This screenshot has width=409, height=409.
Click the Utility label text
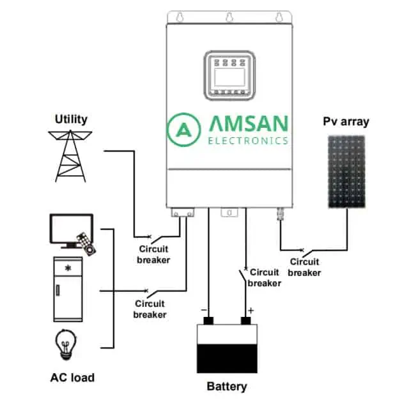[71, 120]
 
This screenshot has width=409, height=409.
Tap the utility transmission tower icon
[70, 156]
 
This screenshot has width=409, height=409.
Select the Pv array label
[346, 121]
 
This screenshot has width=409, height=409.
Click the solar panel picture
[346, 172]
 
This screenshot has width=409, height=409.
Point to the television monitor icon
[70, 230]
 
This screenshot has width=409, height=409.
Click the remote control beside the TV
[86, 244]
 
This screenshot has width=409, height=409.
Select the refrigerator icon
[68, 289]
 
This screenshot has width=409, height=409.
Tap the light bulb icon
[66, 344]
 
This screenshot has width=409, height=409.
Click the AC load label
[72, 378]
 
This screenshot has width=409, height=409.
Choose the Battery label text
[227, 386]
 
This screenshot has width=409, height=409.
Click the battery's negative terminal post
[208, 321]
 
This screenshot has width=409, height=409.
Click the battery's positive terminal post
[245, 321]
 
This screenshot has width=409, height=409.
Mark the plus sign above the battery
[251, 311]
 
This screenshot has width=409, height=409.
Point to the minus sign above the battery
[204, 310]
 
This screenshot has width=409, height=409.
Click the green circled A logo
[184, 130]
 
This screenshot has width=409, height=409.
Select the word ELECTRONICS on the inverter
[248, 141]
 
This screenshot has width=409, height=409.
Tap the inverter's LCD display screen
[229, 77]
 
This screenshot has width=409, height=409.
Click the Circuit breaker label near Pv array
[304, 267]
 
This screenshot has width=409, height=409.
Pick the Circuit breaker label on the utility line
[153, 254]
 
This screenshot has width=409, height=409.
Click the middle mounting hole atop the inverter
[229, 17]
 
